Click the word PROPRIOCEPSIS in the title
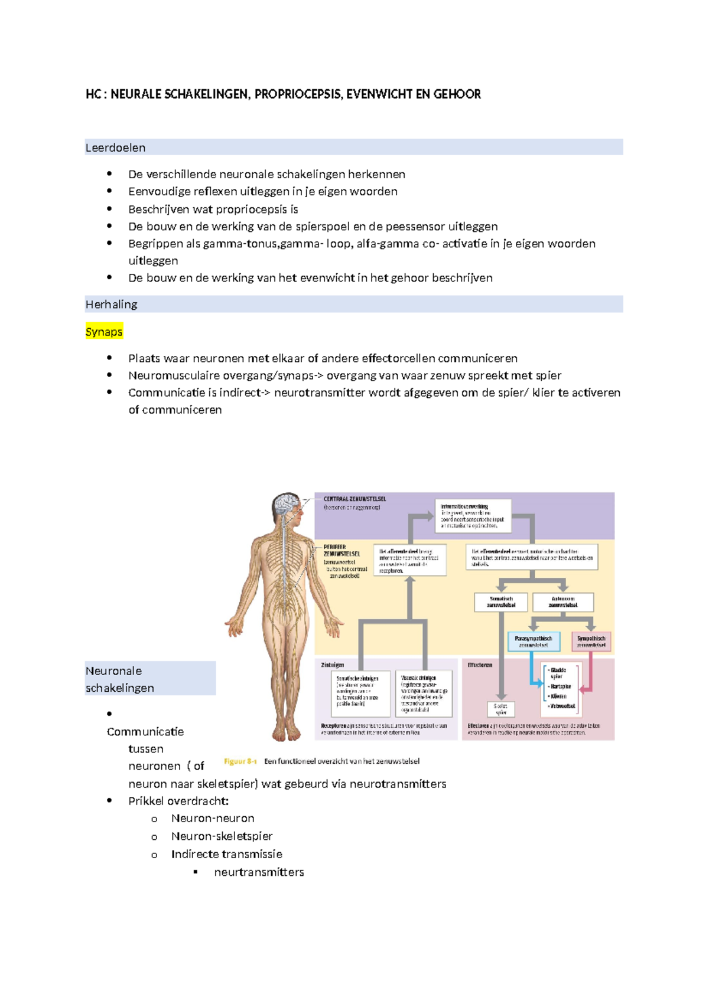pos(298,94)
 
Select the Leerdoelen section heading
pos(115,148)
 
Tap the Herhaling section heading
pos(111,305)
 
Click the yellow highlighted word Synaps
pos(104,332)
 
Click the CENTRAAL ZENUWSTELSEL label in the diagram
pos(354,499)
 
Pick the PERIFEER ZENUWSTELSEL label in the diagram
pos(341,551)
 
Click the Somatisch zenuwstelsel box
pos(501,602)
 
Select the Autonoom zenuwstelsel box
pos(562,602)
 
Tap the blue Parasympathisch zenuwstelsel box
pos(533,642)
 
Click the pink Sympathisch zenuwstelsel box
pos(591,642)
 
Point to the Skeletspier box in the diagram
pos(501,709)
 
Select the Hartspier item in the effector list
pos(561,687)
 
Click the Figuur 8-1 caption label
pos(240,761)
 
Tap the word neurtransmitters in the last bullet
pos(259,872)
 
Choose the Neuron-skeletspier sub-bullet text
pos(222,836)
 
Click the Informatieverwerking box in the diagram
pos(473,515)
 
